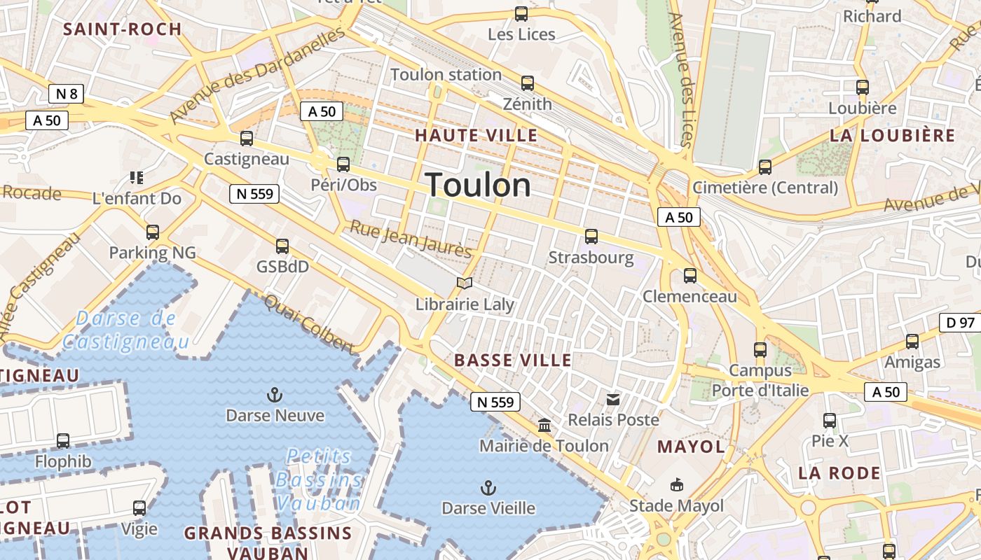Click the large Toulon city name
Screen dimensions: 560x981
pyautogui.click(x=479, y=185)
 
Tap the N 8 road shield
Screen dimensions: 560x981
pyautogui.click(x=67, y=94)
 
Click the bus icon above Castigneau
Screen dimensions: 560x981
pyautogui.click(x=246, y=139)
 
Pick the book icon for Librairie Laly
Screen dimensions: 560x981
pyautogui.click(x=464, y=283)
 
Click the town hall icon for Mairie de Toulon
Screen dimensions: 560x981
pyautogui.click(x=544, y=425)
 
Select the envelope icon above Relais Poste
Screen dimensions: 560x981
pyautogui.click(x=613, y=400)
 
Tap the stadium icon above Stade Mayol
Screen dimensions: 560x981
pyautogui.click(x=676, y=484)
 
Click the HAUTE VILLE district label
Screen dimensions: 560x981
pyautogui.click(x=476, y=135)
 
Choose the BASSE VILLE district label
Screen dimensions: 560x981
pyautogui.click(x=513, y=360)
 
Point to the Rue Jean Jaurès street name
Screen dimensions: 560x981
pyautogui.click(x=411, y=239)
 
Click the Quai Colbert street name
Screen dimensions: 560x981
pyautogui.click(x=309, y=323)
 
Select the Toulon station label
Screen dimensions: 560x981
pyautogui.click(x=446, y=74)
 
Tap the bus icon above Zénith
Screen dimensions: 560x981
pyautogui.click(x=528, y=83)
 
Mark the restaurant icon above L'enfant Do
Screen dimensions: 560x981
pyautogui.click(x=137, y=178)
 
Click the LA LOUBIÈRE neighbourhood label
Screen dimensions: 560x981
pyautogui.click(x=893, y=135)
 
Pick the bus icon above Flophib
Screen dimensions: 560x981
pyautogui.click(x=63, y=441)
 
